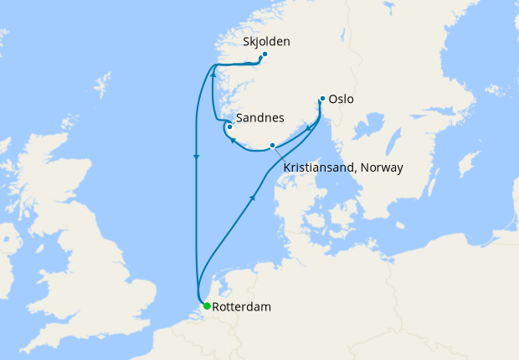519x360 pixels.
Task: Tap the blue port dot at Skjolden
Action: tap(265, 55)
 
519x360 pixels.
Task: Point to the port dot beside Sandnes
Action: tap(229, 126)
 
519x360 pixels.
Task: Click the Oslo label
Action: tap(341, 99)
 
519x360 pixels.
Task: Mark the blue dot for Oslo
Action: tap(322, 99)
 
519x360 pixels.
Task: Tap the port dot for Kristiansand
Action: tap(272, 146)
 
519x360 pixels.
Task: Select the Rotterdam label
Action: tap(242, 307)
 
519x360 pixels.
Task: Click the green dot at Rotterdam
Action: tap(207, 306)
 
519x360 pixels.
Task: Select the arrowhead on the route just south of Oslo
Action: tap(309, 128)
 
